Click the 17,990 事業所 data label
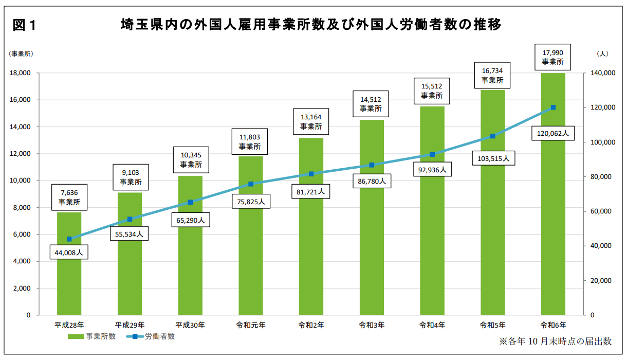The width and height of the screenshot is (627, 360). click(x=552, y=57)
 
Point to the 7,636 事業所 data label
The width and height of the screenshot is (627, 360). click(x=69, y=197)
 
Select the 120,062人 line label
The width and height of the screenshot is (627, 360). click(x=552, y=133)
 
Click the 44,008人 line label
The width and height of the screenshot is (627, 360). click(x=69, y=253)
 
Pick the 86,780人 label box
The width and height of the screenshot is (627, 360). click(x=371, y=181)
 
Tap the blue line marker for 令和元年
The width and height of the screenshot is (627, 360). click(x=251, y=184)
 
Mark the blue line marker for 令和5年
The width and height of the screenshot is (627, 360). click(x=492, y=136)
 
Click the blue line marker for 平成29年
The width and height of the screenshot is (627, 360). click(x=130, y=219)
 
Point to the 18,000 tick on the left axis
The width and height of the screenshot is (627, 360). click(x=21, y=73)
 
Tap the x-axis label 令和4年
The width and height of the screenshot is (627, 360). click(x=432, y=325)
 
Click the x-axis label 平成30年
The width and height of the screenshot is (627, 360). click(x=190, y=325)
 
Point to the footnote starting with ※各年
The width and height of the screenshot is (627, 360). click(x=555, y=341)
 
